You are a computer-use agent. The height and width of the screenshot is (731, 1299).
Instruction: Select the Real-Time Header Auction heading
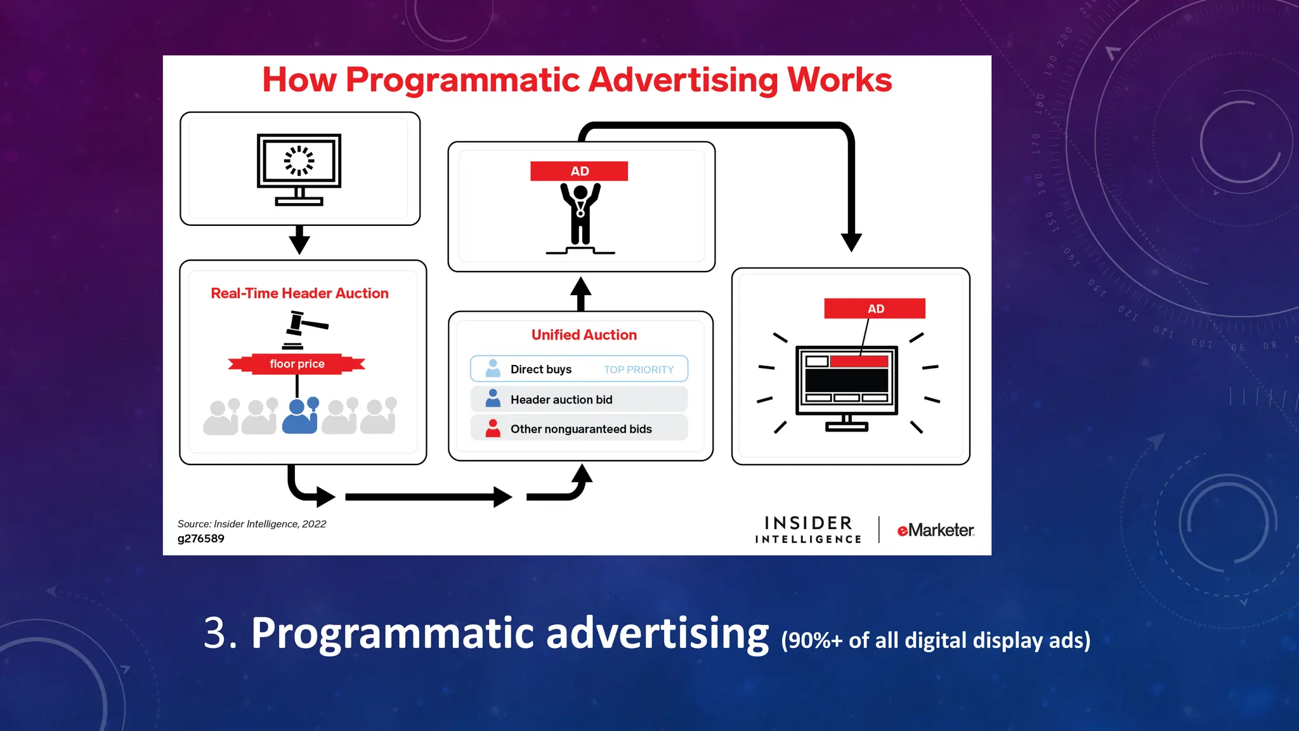(x=299, y=293)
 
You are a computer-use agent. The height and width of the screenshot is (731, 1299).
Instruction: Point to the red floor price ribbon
(x=296, y=364)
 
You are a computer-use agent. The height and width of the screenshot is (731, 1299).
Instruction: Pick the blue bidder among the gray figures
(x=300, y=416)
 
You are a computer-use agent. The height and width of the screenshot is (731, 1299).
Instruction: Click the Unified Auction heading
(x=584, y=335)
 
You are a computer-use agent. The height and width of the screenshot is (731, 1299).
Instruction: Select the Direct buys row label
(x=540, y=369)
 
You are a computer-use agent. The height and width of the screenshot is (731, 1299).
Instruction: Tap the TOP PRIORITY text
(x=638, y=370)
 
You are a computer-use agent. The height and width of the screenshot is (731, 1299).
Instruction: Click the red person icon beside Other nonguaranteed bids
(x=493, y=429)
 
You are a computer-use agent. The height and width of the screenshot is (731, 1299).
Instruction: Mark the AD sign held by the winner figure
(x=579, y=171)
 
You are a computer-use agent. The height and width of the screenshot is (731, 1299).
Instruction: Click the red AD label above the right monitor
(x=875, y=309)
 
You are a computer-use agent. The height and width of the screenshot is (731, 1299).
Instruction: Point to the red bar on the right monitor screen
(x=859, y=362)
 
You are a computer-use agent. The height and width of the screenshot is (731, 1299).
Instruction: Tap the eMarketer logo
(x=935, y=530)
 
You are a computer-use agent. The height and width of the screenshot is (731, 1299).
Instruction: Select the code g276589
(x=201, y=539)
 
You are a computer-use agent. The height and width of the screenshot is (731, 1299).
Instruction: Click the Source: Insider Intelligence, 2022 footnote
(x=252, y=524)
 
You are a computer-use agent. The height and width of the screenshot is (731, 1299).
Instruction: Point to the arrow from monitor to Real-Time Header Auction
(x=299, y=240)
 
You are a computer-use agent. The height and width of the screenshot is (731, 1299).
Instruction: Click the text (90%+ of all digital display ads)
(x=936, y=640)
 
